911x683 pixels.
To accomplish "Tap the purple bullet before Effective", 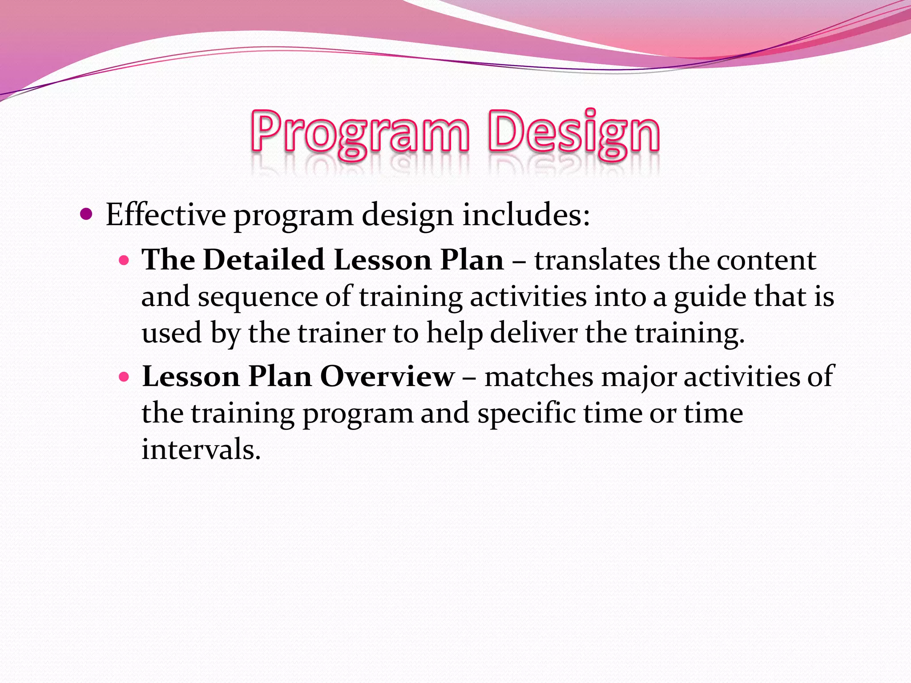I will pos(86,215).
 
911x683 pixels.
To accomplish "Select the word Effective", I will pos(165,215).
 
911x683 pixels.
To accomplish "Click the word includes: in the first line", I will pos(526,215).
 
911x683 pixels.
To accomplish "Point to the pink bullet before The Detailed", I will pos(124,261).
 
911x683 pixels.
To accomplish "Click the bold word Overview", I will pos(387,377).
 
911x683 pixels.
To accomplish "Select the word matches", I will pos(539,377).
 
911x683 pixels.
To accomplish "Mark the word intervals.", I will pos(201,449).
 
